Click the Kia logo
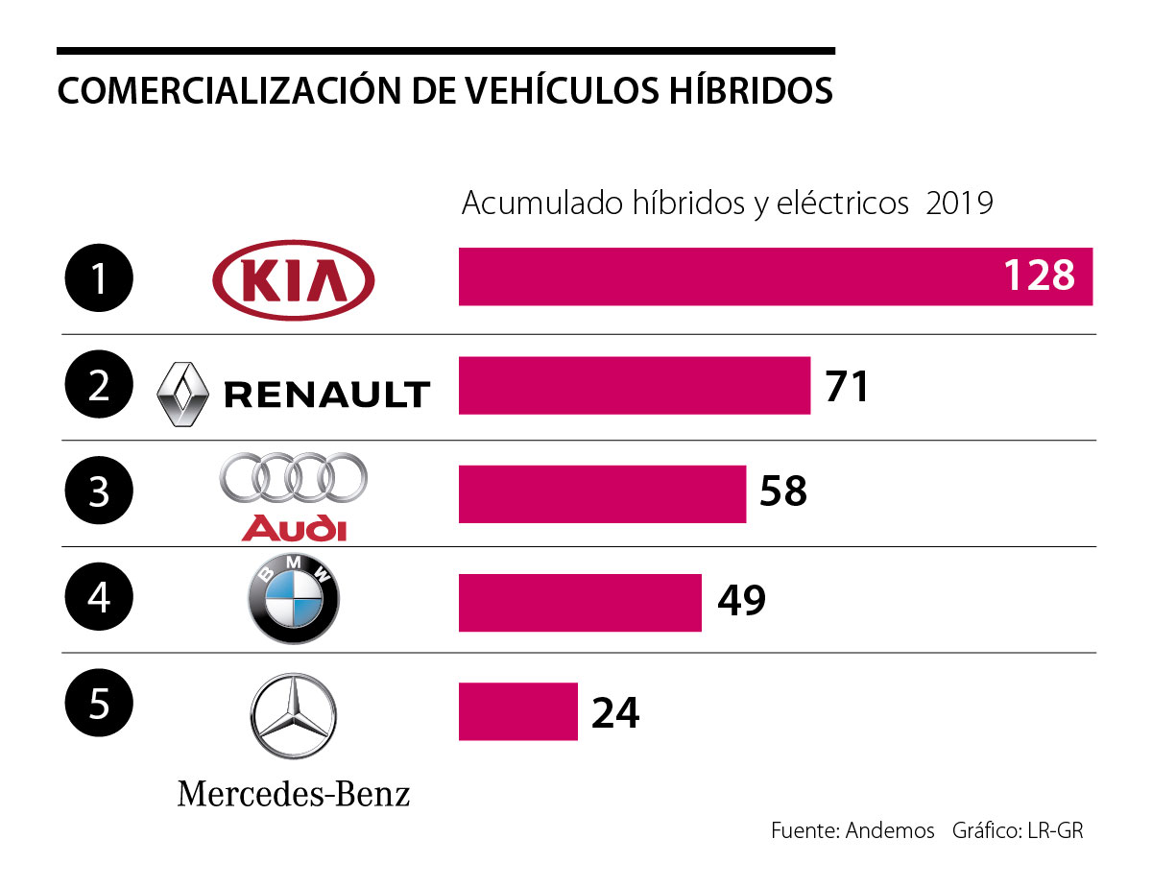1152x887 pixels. [294, 278]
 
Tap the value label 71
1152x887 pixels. [847, 385]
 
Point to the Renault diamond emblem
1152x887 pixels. [182, 394]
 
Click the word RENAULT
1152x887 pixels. [326, 395]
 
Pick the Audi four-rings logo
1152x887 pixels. [294, 477]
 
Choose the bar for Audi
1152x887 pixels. [602, 493]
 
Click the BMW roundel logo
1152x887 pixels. [294, 602]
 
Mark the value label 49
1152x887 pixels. [741, 601]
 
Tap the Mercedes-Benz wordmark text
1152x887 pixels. [294, 794]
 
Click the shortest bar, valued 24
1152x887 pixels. [518, 711]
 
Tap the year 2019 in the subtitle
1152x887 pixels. [959, 204]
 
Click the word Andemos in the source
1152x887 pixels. [890, 830]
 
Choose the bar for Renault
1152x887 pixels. [634, 385]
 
